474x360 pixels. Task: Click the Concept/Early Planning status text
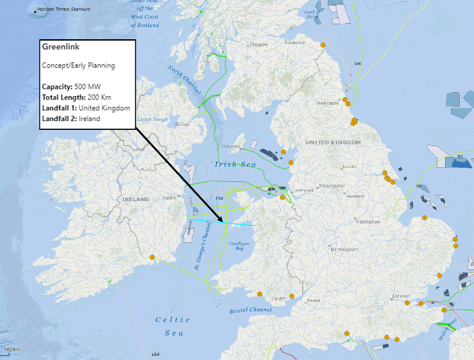[79, 66]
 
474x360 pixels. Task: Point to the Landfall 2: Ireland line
[70, 118]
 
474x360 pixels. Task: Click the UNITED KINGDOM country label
[332, 143]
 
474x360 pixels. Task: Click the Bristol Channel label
[251, 310]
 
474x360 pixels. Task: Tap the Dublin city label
[169, 198]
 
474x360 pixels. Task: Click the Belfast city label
[181, 125]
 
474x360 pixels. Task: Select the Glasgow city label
[259, 45]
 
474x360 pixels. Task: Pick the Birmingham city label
[343, 249]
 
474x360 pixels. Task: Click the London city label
[402, 296]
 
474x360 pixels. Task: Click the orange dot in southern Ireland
[153, 257]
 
